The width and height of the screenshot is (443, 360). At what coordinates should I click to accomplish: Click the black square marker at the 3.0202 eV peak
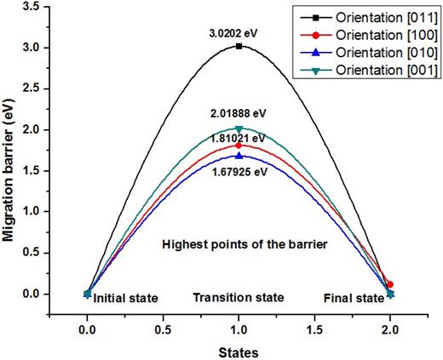click(x=239, y=46)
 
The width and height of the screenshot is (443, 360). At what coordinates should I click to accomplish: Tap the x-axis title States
click(x=238, y=349)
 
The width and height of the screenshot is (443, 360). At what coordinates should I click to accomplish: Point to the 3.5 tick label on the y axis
click(x=32, y=7)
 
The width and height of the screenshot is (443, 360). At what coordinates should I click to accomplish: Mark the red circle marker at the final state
click(x=390, y=285)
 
